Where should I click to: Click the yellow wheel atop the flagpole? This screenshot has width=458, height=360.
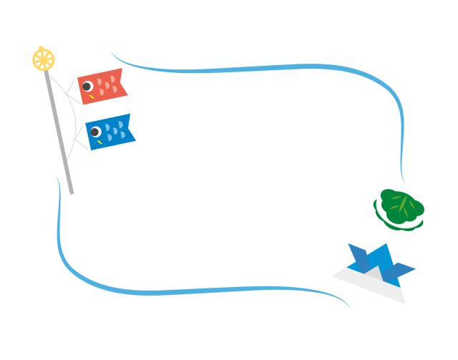click(43, 59)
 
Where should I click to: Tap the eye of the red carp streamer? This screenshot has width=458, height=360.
click(87, 86)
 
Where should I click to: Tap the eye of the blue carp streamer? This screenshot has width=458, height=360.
click(95, 132)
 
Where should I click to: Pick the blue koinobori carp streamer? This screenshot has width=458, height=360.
click(110, 132)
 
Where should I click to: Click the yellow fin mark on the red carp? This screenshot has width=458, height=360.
click(92, 96)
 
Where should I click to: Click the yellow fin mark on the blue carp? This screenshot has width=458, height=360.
click(100, 142)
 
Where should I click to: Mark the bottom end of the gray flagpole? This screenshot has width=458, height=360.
click(72, 193)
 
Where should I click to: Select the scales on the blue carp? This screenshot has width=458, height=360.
click(115, 131)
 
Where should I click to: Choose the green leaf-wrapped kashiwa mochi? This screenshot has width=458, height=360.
click(400, 206)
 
